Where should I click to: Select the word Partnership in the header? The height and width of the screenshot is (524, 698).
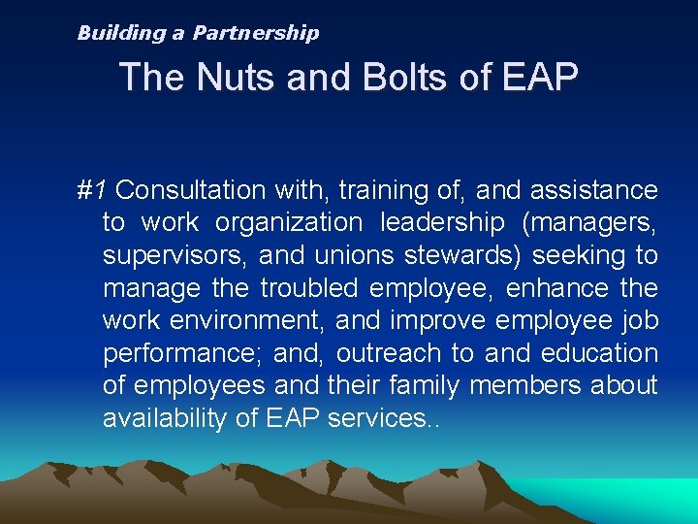(x=256, y=33)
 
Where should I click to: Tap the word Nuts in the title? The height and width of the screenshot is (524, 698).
(x=236, y=77)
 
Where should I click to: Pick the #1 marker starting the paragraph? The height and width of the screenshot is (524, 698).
(x=91, y=190)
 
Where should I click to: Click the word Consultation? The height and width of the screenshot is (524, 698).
(x=190, y=190)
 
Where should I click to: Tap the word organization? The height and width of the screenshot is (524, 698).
(x=288, y=223)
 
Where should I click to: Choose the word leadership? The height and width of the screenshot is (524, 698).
(x=442, y=223)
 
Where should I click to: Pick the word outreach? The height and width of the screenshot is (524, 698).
(x=386, y=354)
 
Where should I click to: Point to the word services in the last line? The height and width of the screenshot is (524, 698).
(x=373, y=419)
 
